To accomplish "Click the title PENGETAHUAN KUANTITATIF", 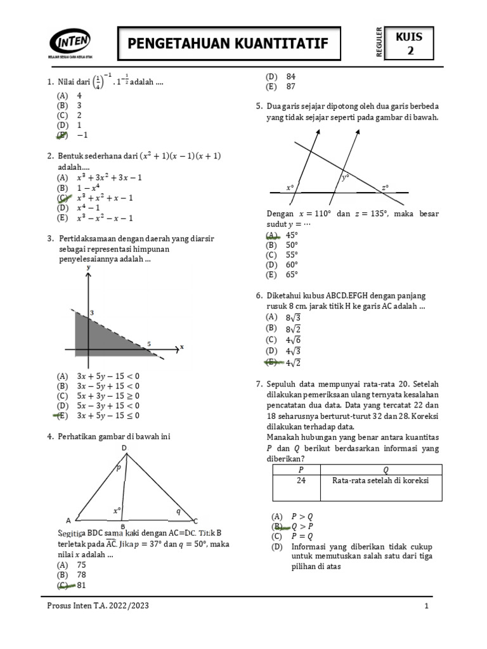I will (x=228, y=43).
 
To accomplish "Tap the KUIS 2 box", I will (x=409, y=44).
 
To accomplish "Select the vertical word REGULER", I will (x=379, y=43).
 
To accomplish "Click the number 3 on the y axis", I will (x=91, y=313).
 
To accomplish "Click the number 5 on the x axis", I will (x=149, y=344).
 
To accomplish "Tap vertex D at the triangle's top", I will (x=124, y=449).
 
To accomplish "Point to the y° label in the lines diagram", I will (x=346, y=178).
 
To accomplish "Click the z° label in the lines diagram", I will (x=385, y=188).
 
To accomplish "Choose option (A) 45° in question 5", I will (x=282, y=235).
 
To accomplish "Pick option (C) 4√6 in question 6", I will (x=282, y=340).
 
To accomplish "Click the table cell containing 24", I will (x=296, y=480).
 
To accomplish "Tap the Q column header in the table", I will (x=386, y=470).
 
